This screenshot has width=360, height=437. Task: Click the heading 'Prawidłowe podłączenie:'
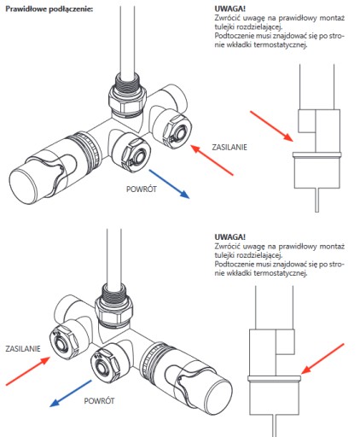[x=49, y=9]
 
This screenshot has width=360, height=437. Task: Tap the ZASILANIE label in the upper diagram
[x=229, y=148]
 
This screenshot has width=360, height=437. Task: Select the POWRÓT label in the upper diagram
[x=142, y=189]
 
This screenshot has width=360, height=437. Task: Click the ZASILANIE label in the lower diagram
[x=23, y=349]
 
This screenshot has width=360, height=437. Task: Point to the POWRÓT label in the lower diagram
[x=99, y=401]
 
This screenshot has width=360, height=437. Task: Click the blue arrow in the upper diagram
[x=169, y=184]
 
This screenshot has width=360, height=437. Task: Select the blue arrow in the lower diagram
[x=71, y=393]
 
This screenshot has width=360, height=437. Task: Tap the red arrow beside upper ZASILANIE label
[x=212, y=160]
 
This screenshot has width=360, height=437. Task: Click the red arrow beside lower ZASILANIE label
[x=28, y=371]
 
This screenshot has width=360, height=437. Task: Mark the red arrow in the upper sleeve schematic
[x=271, y=126]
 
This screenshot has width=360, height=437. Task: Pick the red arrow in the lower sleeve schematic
[x=322, y=358]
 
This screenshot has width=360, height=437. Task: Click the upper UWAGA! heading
[x=229, y=9]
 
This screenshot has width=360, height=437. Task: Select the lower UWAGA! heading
[x=229, y=236]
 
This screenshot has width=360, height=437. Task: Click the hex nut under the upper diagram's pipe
[x=127, y=101]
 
